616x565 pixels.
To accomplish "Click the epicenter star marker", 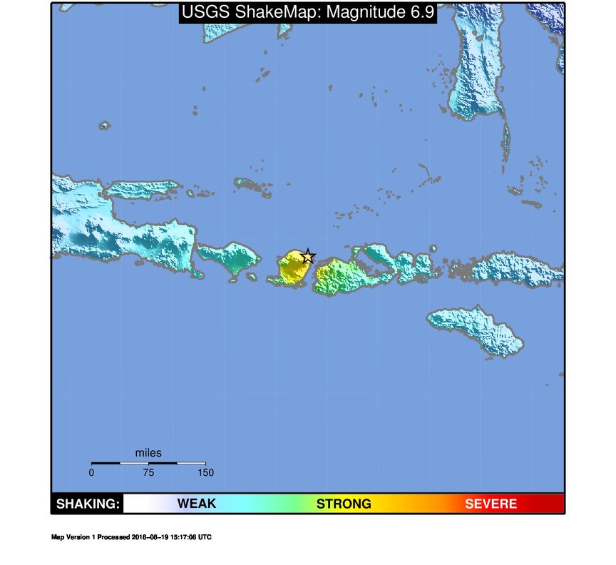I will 308,256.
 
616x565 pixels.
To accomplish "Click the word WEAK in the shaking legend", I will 196,504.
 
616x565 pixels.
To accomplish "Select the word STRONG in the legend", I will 344,504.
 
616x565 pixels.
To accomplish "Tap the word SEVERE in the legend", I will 491,504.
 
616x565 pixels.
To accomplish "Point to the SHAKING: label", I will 88,504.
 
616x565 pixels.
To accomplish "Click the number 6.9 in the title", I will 419,12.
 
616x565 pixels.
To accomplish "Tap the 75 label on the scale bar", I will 148,472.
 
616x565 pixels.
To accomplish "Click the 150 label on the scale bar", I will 205,472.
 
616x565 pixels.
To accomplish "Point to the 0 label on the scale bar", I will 91,472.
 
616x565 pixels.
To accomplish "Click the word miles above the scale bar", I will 148,453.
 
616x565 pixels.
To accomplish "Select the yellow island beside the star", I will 291,269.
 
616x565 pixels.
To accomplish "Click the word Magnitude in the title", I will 359,12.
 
